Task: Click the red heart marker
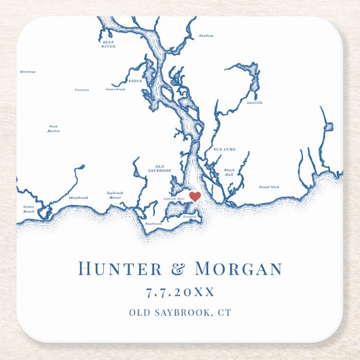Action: [194, 196]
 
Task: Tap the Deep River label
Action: [108, 44]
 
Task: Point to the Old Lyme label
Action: [224, 149]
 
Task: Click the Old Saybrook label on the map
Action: [160, 168]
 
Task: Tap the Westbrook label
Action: [78, 198]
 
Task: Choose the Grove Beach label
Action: [29, 210]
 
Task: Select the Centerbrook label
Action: [115, 89]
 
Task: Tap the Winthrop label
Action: [27, 71]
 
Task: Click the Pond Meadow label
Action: [54, 128]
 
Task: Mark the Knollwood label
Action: [154, 222]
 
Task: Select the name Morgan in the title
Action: [238, 268]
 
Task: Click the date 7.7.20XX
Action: [180, 291]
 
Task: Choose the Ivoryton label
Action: [82, 89]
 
